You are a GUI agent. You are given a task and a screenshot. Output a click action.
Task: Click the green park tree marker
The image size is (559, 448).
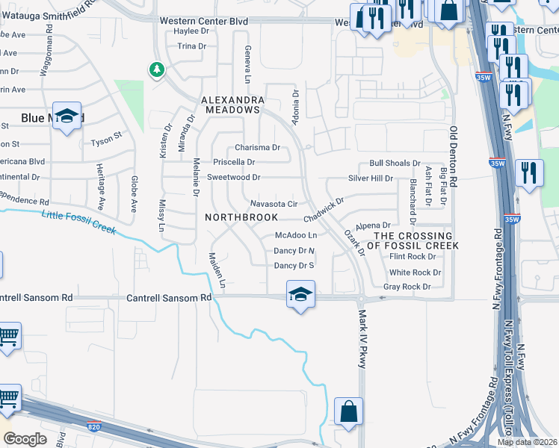click(156, 70)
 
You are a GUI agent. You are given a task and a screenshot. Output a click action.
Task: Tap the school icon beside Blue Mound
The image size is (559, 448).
click(67, 116)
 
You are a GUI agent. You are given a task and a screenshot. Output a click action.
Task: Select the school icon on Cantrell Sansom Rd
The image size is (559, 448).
click(300, 294)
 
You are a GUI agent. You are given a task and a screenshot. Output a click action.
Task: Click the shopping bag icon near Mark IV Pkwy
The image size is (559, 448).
click(348, 411)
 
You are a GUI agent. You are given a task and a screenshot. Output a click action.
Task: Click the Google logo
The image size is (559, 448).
click(25, 439)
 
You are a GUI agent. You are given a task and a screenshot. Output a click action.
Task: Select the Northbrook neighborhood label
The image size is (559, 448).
click(241, 217)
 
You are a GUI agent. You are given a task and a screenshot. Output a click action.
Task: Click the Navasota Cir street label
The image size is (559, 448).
click(274, 204)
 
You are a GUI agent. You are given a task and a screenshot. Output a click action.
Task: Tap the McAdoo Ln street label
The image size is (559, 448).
click(296, 236)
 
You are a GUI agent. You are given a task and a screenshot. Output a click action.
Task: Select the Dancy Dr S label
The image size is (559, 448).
click(294, 265)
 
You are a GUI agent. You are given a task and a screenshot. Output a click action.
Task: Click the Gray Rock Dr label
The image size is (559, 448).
click(407, 287)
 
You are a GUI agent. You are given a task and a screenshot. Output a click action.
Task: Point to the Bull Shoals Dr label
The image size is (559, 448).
click(395, 164)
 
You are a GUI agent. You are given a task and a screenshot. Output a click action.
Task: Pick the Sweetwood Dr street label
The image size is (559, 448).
click(233, 178)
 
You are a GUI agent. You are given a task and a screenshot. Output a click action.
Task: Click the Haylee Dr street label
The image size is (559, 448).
click(191, 31)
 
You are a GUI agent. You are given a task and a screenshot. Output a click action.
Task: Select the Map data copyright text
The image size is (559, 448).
click(526, 442)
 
